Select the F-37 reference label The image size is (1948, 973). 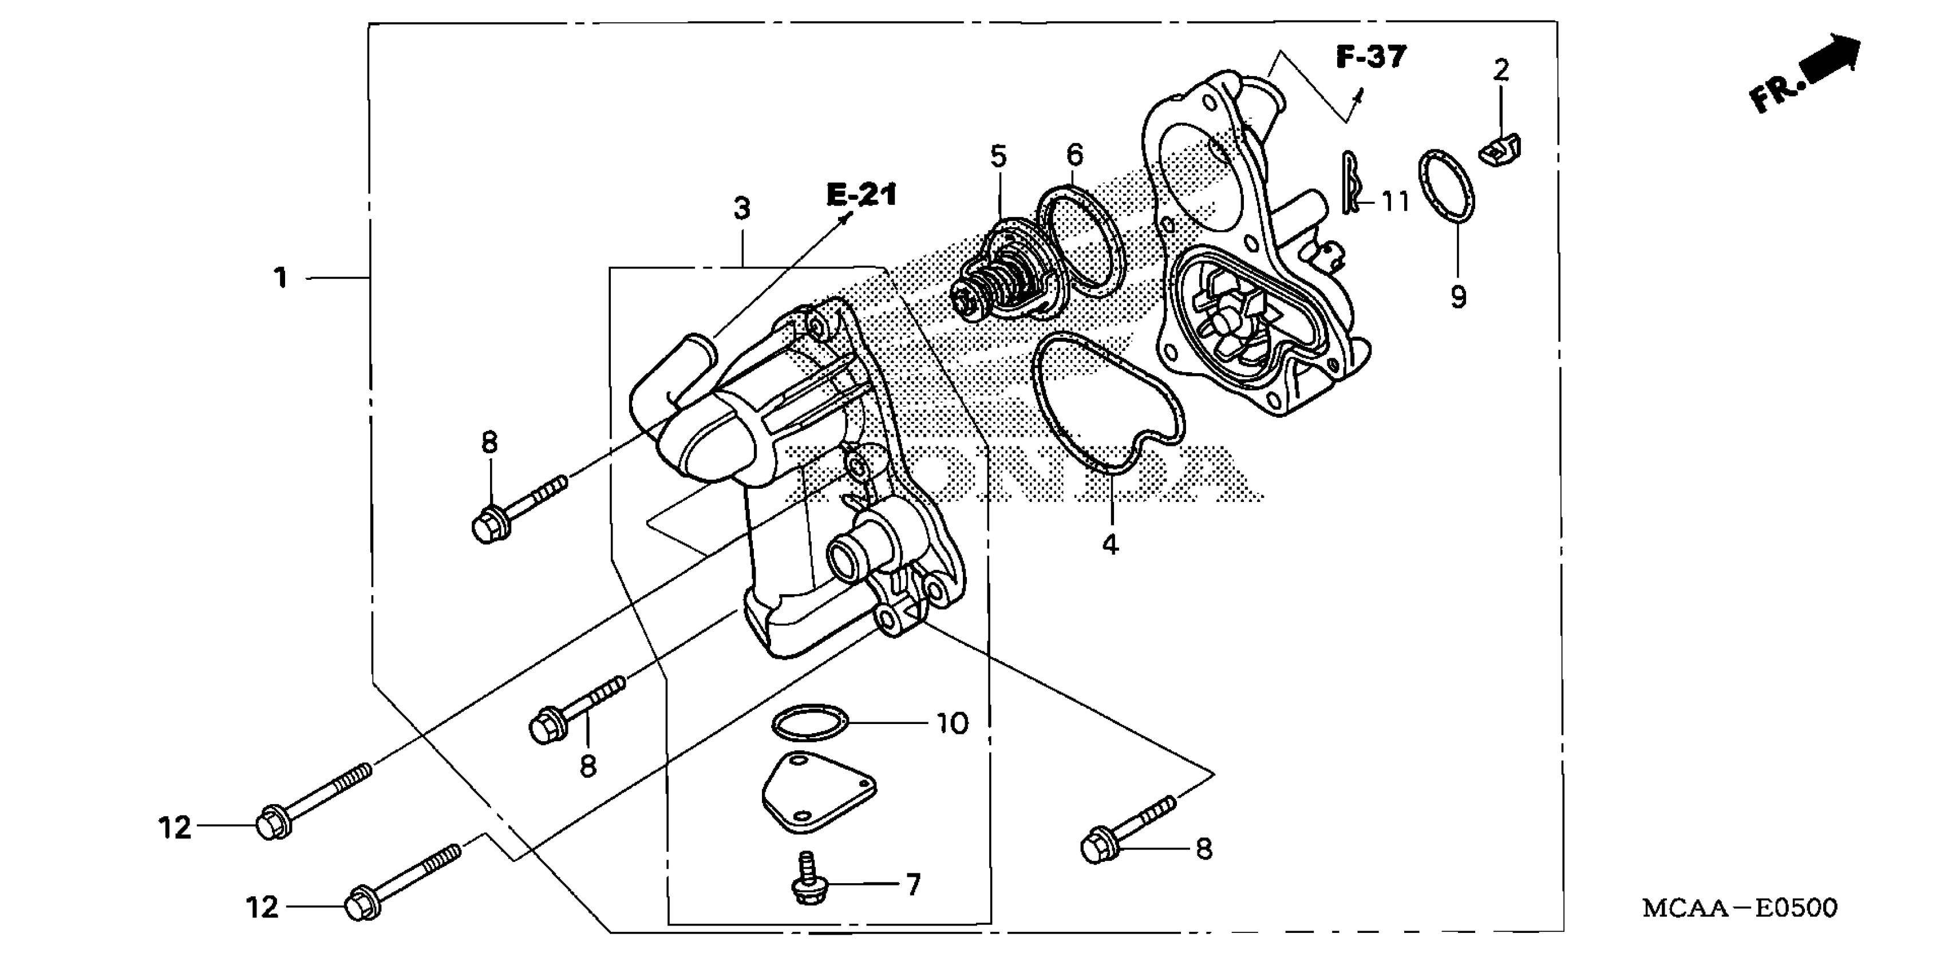click(x=1371, y=57)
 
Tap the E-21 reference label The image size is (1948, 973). click(x=862, y=195)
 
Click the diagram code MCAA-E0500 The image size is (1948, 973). click(x=1739, y=907)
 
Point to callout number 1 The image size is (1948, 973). click(x=280, y=278)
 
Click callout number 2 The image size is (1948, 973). click(x=1501, y=71)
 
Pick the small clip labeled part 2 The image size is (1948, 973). click(x=1500, y=150)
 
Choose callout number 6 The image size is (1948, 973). click(x=1074, y=155)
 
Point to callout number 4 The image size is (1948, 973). click(x=1110, y=544)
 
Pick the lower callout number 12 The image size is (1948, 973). click(x=262, y=907)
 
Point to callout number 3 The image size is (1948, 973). click(x=742, y=209)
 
